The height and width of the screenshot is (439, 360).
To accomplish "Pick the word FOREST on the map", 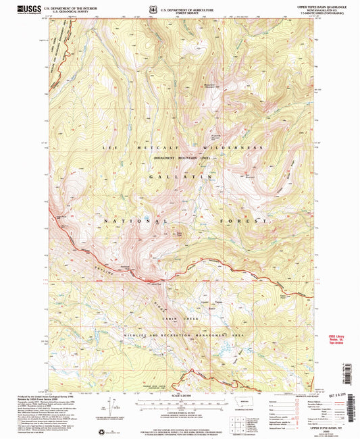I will tap(244, 221).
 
